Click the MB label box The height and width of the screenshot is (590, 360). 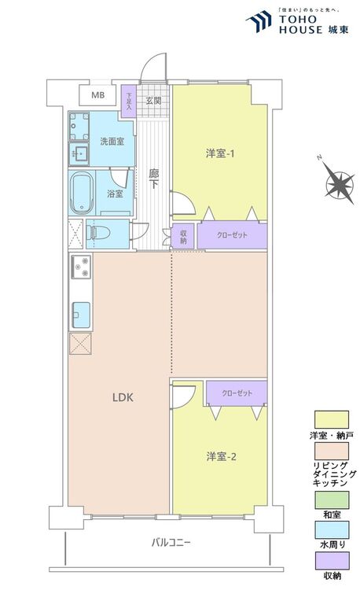(x=97, y=95)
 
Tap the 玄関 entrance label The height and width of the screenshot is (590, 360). (x=153, y=101)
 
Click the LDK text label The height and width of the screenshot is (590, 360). (x=121, y=397)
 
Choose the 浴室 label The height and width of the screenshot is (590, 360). (x=114, y=193)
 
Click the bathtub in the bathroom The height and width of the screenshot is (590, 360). (x=82, y=194)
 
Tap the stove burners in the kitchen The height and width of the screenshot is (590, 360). (x=81, y=269)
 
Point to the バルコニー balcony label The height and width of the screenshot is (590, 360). (x=172, y=543)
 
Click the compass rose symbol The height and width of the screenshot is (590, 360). (x=340, y=186)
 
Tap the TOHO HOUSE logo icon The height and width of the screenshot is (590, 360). (x=259, y=22)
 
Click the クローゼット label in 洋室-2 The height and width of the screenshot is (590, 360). (x=237, y=392)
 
